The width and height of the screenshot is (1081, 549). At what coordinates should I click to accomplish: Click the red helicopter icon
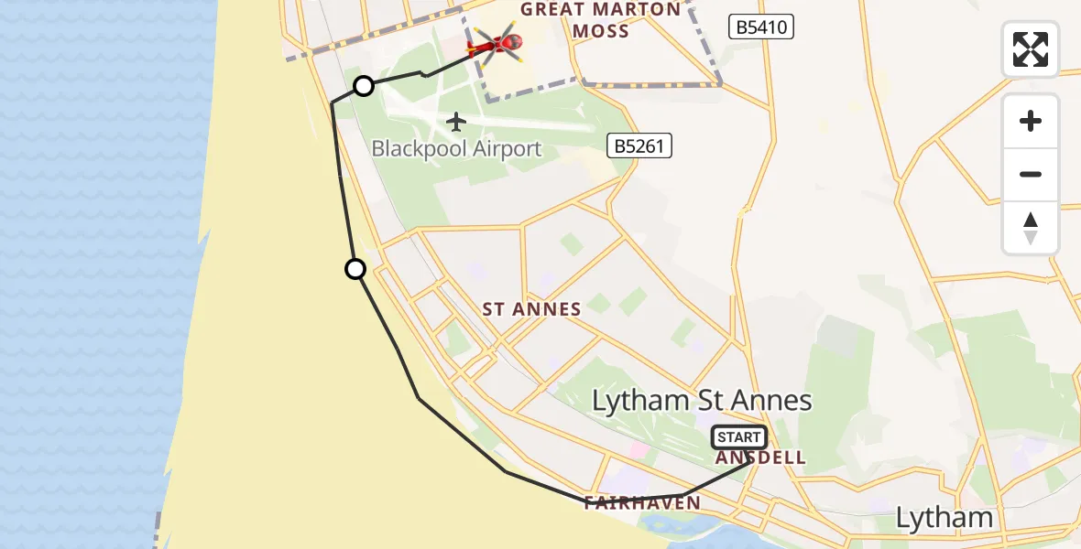click(496, 43)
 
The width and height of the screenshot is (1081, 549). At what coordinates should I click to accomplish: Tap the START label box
click(739, 437)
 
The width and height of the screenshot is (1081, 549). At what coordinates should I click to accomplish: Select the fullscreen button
click(1031, 49)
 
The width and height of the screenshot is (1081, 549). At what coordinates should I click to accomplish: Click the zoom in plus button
click(1031, 121)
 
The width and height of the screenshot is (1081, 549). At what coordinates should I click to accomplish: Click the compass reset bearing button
click(1031, 228)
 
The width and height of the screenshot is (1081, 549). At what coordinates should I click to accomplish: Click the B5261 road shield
click(639, 145)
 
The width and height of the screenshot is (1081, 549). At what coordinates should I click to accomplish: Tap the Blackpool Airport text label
click(456, 148)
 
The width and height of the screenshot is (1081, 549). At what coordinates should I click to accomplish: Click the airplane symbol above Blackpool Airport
click(456, 121)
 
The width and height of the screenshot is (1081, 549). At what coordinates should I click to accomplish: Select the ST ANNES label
click(531, 309)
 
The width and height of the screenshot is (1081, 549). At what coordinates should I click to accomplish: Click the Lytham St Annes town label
click(702, 400)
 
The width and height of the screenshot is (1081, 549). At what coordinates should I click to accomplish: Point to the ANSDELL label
click(760, 457)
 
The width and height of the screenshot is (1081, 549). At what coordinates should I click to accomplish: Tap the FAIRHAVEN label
click(641, 502)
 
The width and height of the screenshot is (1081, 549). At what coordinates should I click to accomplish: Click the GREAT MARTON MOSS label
click(601, 20)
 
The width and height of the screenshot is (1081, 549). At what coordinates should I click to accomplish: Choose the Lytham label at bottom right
click(944, 518)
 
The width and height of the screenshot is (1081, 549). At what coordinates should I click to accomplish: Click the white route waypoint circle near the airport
click(364, 86)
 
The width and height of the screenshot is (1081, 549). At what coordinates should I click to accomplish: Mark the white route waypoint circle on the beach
click(355, 269)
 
